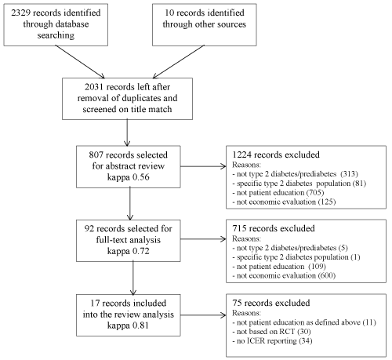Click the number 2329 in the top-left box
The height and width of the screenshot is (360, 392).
pyautogui.click(x=20, y=13)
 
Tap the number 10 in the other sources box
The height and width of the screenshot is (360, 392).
pyautogui.click(x=169, y=13)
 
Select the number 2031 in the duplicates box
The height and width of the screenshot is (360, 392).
pyautogui.click(x=94, y=87)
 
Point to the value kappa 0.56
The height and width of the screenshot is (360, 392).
pyautogui.click(x=129, y=177)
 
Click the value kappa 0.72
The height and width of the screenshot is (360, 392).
pyautogui.click(x=129, y=251)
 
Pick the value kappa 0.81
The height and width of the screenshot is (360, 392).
pyautogui.click(x=128, y=325)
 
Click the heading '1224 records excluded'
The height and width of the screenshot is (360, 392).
pyautogui.click(x=276, y=155)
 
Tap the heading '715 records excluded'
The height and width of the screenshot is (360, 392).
pyautogui.click(x=274, y=228)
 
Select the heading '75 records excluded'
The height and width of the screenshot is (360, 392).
pyautogui.click(x=271, y=303)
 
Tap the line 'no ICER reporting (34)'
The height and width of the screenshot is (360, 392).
pyautogui.click(x=272, y=341)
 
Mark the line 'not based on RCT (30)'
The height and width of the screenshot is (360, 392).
pyautogui.click(x=271, y=332)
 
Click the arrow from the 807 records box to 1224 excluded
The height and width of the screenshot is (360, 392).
pyautogui.click(x=203, y=166)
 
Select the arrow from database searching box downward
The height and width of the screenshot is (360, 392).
pyautogui.click(x=80, y=62)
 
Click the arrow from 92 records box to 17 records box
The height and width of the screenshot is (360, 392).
pyautogui.click(x=133, y=278)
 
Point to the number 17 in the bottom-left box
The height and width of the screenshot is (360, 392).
pyautogui.click(x=95, y=304)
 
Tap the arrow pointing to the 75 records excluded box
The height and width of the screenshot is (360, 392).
pyautogui.click(x=203, y=315)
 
